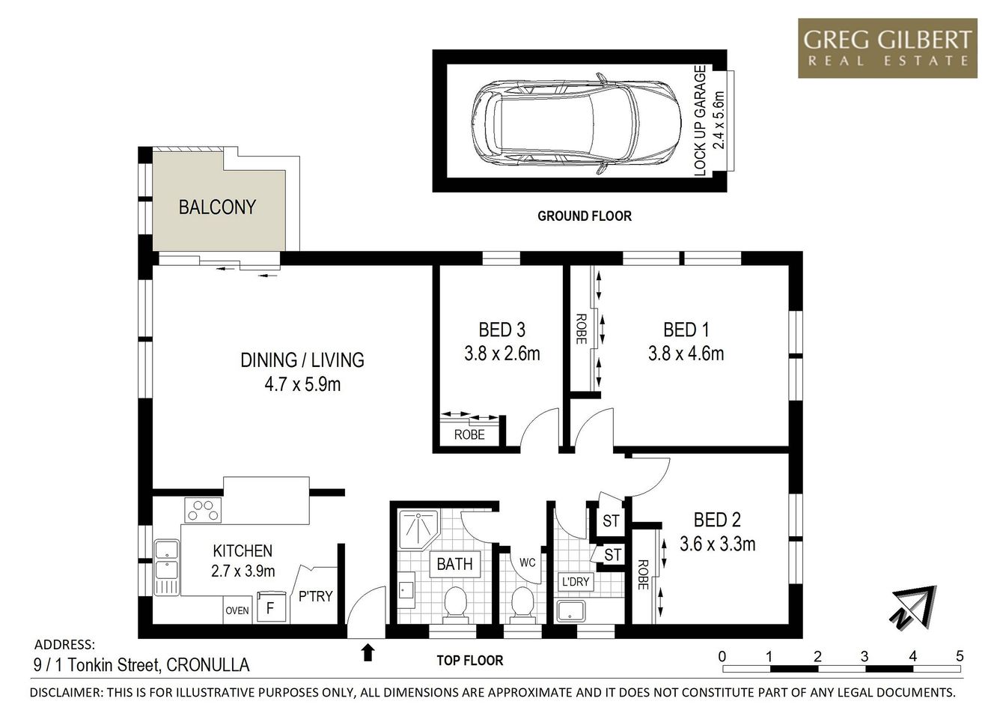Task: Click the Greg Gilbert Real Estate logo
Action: pyautogui.click(x=887, y=48)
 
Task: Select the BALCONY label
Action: pyautogui.click(x=217, y=207)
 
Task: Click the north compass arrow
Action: pyautogui.click(x=912, y=606)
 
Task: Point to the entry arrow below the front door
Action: pyautogui.click(x=368, y=652)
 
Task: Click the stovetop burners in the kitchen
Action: pyautogui.click(x=204, y=510)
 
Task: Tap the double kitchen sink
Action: pyautogui.click(x=166, y=567)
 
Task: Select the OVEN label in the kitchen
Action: pyautogui.click(x=237, y=610)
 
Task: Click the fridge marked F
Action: pyautogui.click(x=270, y=607)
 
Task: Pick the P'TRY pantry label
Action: pyautogui.click(x=315, y=596)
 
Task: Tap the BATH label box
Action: pyautogui.click(x=454, y=564)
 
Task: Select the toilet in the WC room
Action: pyautogui.click(x=522, y=604)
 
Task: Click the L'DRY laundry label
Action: pyautogui.click(x=575, y=582)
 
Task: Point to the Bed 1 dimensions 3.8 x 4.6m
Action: pyautogui.click(x=686, y=354)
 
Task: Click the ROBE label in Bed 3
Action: pyautogui.click(x=469, y=434)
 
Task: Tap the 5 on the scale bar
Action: pyautogui.click(x=960, y=657)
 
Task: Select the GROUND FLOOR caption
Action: pyautogui.click(x=584, y=216)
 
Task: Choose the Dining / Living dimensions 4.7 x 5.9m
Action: pyautogui.click(x=302, y=385)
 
